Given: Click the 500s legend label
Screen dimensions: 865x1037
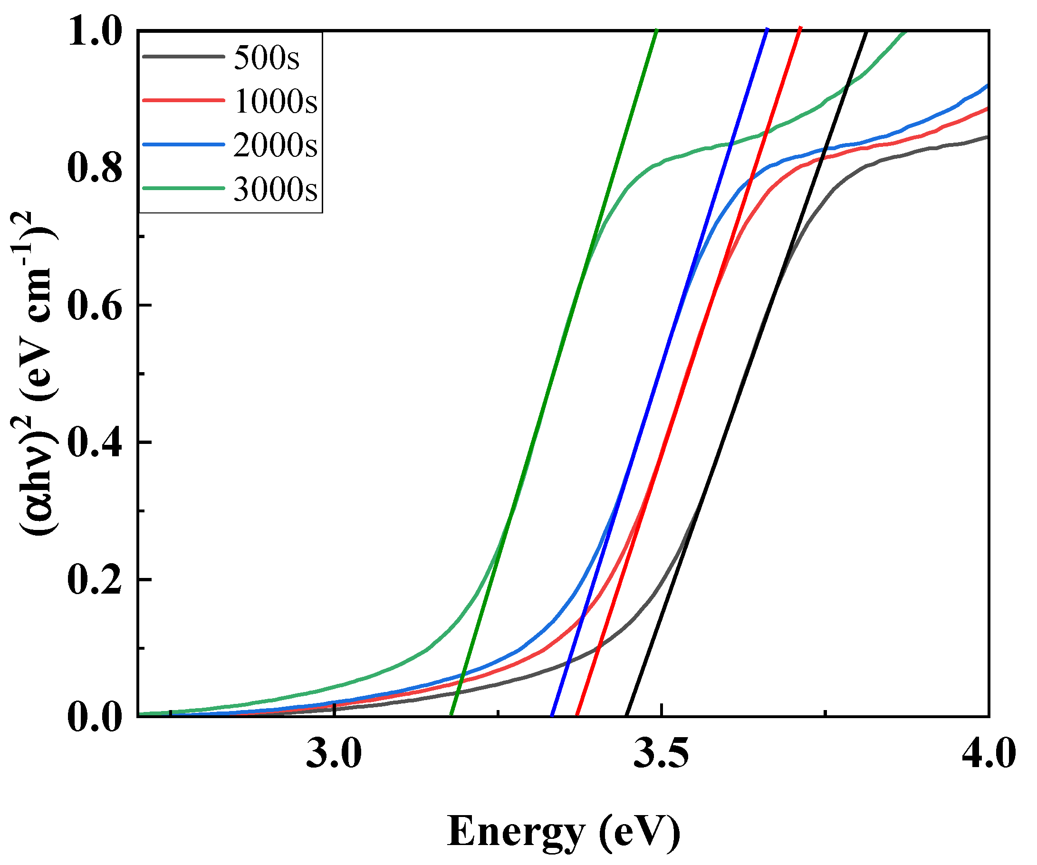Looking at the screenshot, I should point(266,58).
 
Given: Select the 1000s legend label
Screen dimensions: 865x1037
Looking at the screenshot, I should point(275,101).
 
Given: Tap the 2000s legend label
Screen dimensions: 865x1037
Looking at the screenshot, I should point(275,144).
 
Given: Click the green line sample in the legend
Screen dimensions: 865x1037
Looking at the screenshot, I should point(183,188).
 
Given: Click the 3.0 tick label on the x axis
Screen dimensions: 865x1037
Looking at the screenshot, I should point(334,754).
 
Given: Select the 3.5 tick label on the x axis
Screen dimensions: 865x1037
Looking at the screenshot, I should point(661,754).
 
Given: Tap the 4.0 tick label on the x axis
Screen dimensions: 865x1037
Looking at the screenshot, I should point(988,754).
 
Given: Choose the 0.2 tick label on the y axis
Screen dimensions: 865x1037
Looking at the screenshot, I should point(95,580).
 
